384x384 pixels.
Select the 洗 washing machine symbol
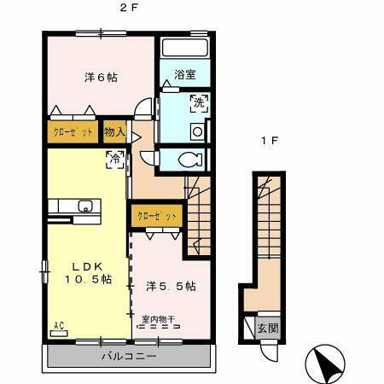point(197,102)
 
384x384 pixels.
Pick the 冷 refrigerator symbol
point(113,158)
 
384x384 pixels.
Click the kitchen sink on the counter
point(85,206)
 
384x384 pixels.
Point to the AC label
point(60,325)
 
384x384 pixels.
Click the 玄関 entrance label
point(266,328)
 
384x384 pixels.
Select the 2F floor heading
point(129,9)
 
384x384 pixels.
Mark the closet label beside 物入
point(72,133)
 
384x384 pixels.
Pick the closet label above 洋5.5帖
point(155,217)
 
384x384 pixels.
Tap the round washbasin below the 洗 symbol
point(195,131)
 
